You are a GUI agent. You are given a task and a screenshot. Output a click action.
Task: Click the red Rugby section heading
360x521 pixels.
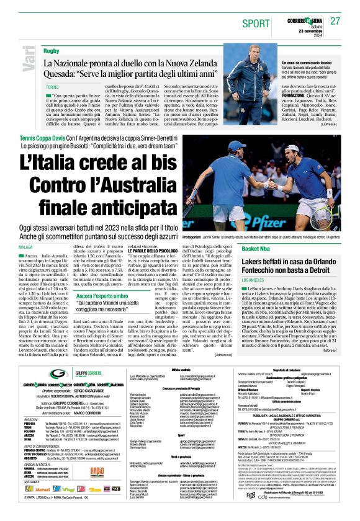(51, 50)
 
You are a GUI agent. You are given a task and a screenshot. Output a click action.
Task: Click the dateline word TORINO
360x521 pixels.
(52, 87)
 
